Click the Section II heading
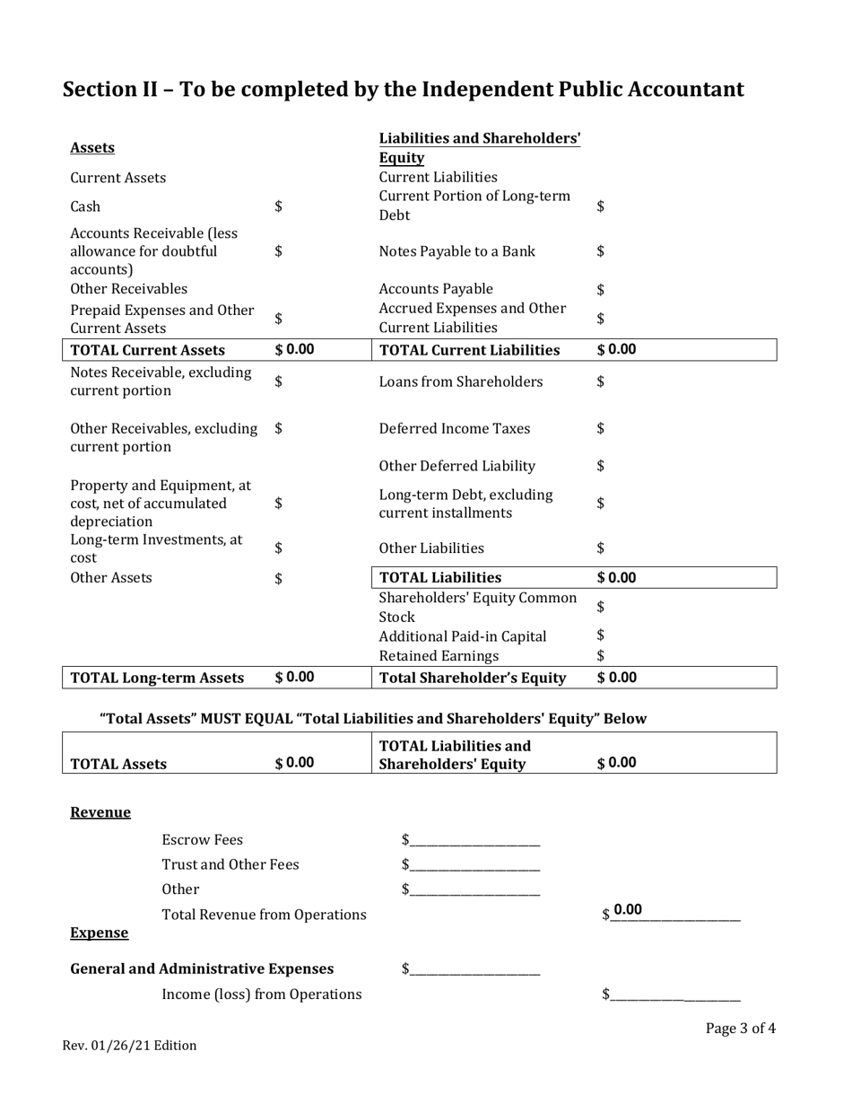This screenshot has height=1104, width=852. point(403,90)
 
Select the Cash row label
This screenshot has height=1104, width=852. point(85,206)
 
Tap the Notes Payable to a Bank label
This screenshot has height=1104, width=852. point(456,251)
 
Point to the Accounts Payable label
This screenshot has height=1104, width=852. point(436,289)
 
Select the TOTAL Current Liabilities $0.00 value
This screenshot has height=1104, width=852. point(616,349)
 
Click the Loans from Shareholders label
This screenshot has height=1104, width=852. point(460,381)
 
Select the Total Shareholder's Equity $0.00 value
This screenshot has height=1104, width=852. point(616,678)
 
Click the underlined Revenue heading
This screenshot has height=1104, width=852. point(100,812)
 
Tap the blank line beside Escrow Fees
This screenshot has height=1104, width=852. point(474,841)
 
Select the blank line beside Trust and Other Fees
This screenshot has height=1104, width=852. point(474,865)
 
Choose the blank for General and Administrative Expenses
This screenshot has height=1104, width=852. point(474,969)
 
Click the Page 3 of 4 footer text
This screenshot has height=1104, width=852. point(740,1029)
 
